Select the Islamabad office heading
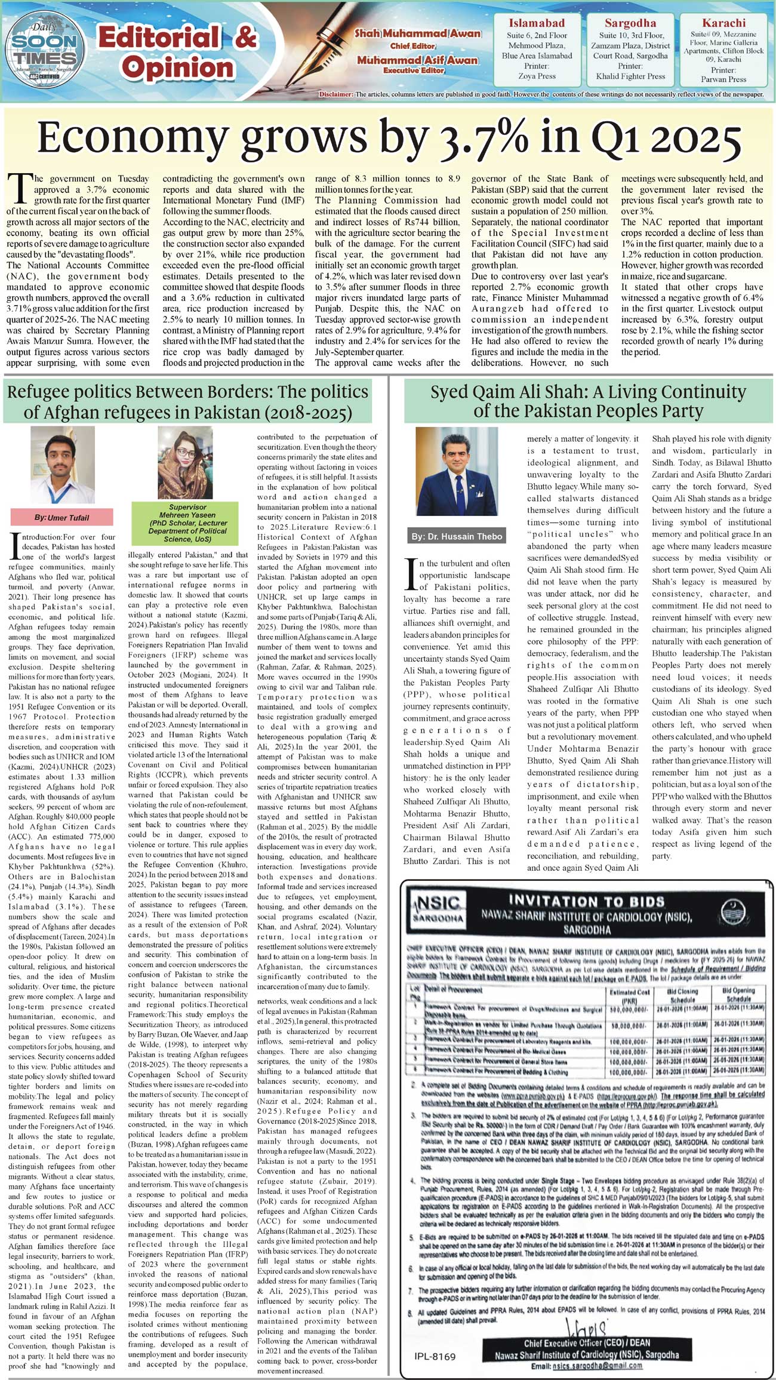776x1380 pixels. click(537, 23)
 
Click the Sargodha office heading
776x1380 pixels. click(630, 23)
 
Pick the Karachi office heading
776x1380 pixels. click(723, 23)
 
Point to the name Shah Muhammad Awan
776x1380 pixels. click(417, 33)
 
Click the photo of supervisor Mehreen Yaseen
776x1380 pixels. click(185, 463)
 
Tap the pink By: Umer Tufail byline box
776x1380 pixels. click(61, 517)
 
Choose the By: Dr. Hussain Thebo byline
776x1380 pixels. click(457, 536)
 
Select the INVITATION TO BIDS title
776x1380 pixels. click(586, 901)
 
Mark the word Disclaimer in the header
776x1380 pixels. click(336, 94)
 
